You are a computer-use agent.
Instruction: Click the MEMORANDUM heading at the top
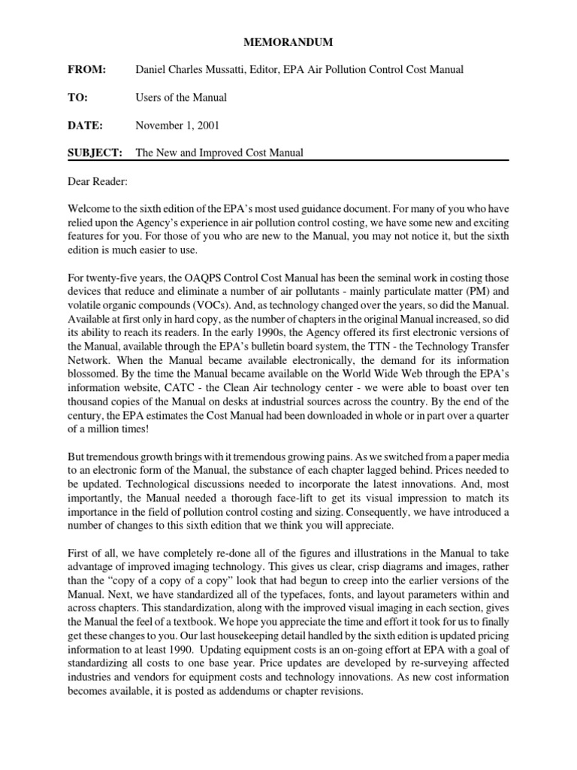(x=288, y=43)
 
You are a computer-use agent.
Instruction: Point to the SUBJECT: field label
(x=94, y=153)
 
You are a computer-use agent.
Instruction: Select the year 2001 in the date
(x=207, y=125)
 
